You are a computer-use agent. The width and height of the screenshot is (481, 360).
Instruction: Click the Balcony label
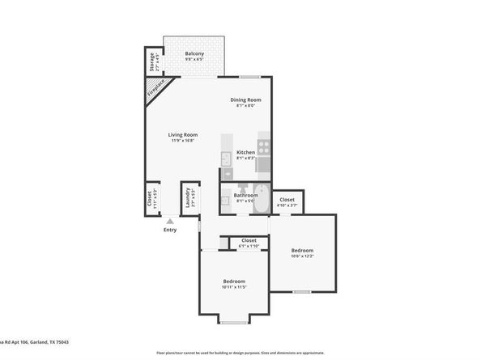click(x=194, y=53)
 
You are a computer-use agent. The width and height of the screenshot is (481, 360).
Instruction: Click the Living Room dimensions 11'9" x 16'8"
click(x=183, y=140)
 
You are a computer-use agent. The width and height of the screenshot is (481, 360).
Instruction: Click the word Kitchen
click(x=245, y=152)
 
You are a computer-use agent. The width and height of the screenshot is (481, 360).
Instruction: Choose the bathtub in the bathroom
click(x=261, y=202)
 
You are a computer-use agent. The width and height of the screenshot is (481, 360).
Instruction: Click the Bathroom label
click(x=246, y=194)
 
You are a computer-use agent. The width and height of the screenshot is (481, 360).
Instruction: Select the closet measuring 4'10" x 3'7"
click(x=287, y=201)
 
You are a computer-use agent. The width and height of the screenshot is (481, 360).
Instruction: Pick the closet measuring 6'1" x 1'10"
click(x=249, y=242)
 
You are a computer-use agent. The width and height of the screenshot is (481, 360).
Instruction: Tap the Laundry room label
click(x=188, y=198)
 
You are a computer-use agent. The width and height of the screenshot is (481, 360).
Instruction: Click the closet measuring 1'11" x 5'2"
click(x=151, y=198)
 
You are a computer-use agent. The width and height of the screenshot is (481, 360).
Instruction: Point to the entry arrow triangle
click(x=170, y=221)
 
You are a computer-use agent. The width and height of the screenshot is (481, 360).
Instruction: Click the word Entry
click(x=170, y=230)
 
